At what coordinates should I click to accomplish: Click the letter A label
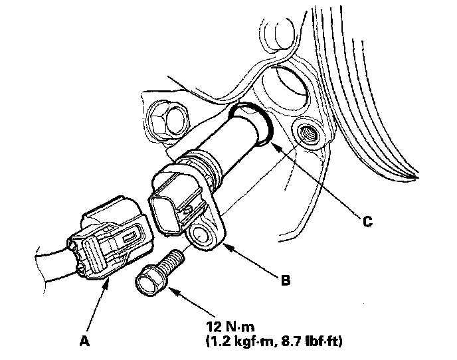click(x=84, y=341)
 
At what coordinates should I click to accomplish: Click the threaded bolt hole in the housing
click(x=307, y=132)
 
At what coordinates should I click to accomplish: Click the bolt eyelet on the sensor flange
click(x=201, y=233)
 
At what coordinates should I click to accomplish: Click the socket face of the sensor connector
click(x=167, y=209)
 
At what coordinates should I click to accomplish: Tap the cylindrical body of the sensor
click(x=226, y=146)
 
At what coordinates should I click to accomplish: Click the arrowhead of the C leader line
click(x=273, y=142)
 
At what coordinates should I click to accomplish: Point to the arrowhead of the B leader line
click(x=223, y=246)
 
